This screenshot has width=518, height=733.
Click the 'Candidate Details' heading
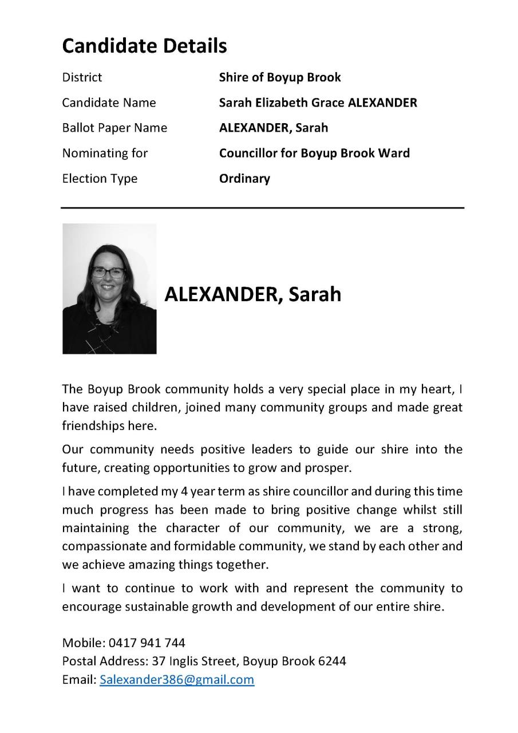point(144,45)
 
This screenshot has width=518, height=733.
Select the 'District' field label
point(82,77)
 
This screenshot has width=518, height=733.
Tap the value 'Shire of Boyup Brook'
point(280,77)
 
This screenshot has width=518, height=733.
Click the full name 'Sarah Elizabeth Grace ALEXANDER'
point(318,103)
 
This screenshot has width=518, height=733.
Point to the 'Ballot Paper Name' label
point(114,128)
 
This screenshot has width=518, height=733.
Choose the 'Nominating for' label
point(105,153)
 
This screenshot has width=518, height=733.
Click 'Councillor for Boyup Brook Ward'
point(314,153)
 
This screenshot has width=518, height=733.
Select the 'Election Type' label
point(100,178)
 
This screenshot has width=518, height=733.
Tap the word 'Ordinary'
point(244,178)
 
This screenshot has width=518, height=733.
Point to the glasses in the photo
point(108,273)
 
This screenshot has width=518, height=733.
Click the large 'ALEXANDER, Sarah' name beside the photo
point(252,294)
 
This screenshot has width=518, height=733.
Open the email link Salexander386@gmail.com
point(177,680)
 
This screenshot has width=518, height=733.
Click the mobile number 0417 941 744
point(147,643)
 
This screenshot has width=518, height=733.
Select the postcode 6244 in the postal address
point(332,661)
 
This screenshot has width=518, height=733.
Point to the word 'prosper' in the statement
point(330,467)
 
